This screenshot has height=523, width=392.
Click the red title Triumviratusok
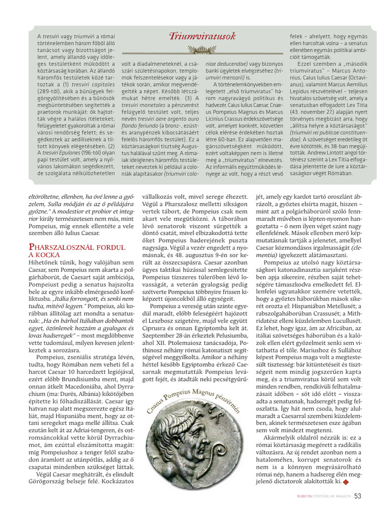[202, 36]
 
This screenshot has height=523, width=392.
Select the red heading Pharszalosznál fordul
[77, 247]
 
